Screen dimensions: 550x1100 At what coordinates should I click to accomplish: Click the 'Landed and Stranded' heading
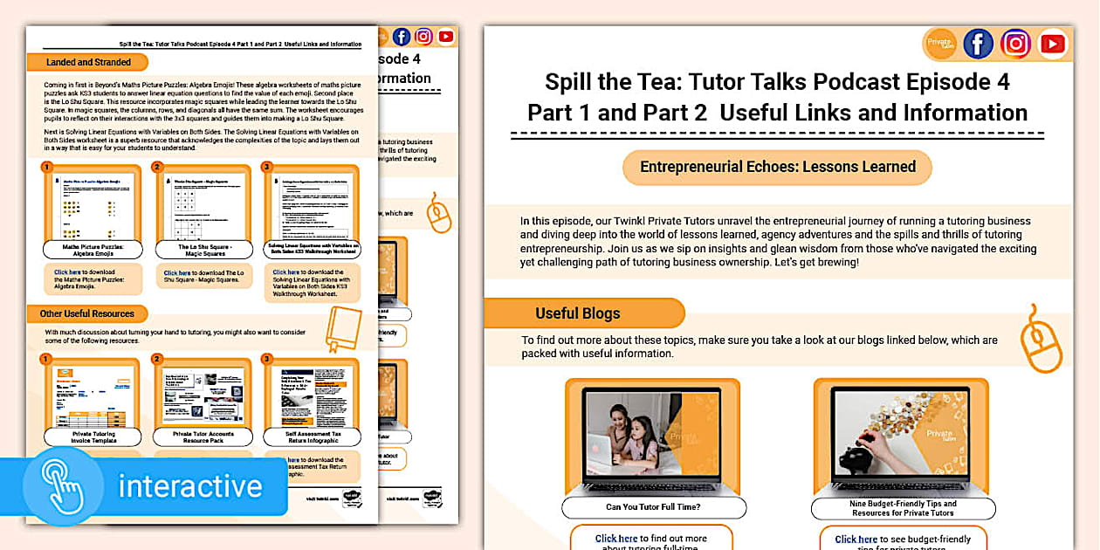pos(88,62)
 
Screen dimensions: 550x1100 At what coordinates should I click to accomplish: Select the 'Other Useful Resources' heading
pos(87,313)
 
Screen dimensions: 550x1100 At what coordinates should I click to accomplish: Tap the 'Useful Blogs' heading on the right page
pos(577,313)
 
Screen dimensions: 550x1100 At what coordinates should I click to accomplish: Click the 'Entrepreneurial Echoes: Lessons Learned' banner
pos(777,167)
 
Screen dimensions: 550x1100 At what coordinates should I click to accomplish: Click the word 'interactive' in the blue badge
pos(189,485)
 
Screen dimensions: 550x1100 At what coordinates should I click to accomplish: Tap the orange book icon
pos(342,328)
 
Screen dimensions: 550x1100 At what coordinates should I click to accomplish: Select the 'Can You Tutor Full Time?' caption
pos(651,507)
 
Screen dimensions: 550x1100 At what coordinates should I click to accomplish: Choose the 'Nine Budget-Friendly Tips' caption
pos(902,508)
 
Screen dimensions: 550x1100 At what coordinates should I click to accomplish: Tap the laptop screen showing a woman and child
pos(651,436)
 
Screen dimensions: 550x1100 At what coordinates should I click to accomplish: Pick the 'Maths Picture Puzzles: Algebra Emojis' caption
pos(92,251)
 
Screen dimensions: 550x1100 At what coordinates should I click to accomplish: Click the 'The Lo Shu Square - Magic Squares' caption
pos(202,251)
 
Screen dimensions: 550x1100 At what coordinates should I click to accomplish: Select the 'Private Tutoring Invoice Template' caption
pos(92,437)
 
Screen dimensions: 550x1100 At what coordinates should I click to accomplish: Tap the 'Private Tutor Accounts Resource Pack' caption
pos(203,437)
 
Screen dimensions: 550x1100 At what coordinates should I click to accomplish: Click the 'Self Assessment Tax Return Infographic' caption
pos(313,437)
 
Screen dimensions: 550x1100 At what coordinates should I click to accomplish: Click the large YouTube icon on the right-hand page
pos(1054,44)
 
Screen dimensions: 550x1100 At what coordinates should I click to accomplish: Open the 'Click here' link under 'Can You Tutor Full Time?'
pos(616,539)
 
